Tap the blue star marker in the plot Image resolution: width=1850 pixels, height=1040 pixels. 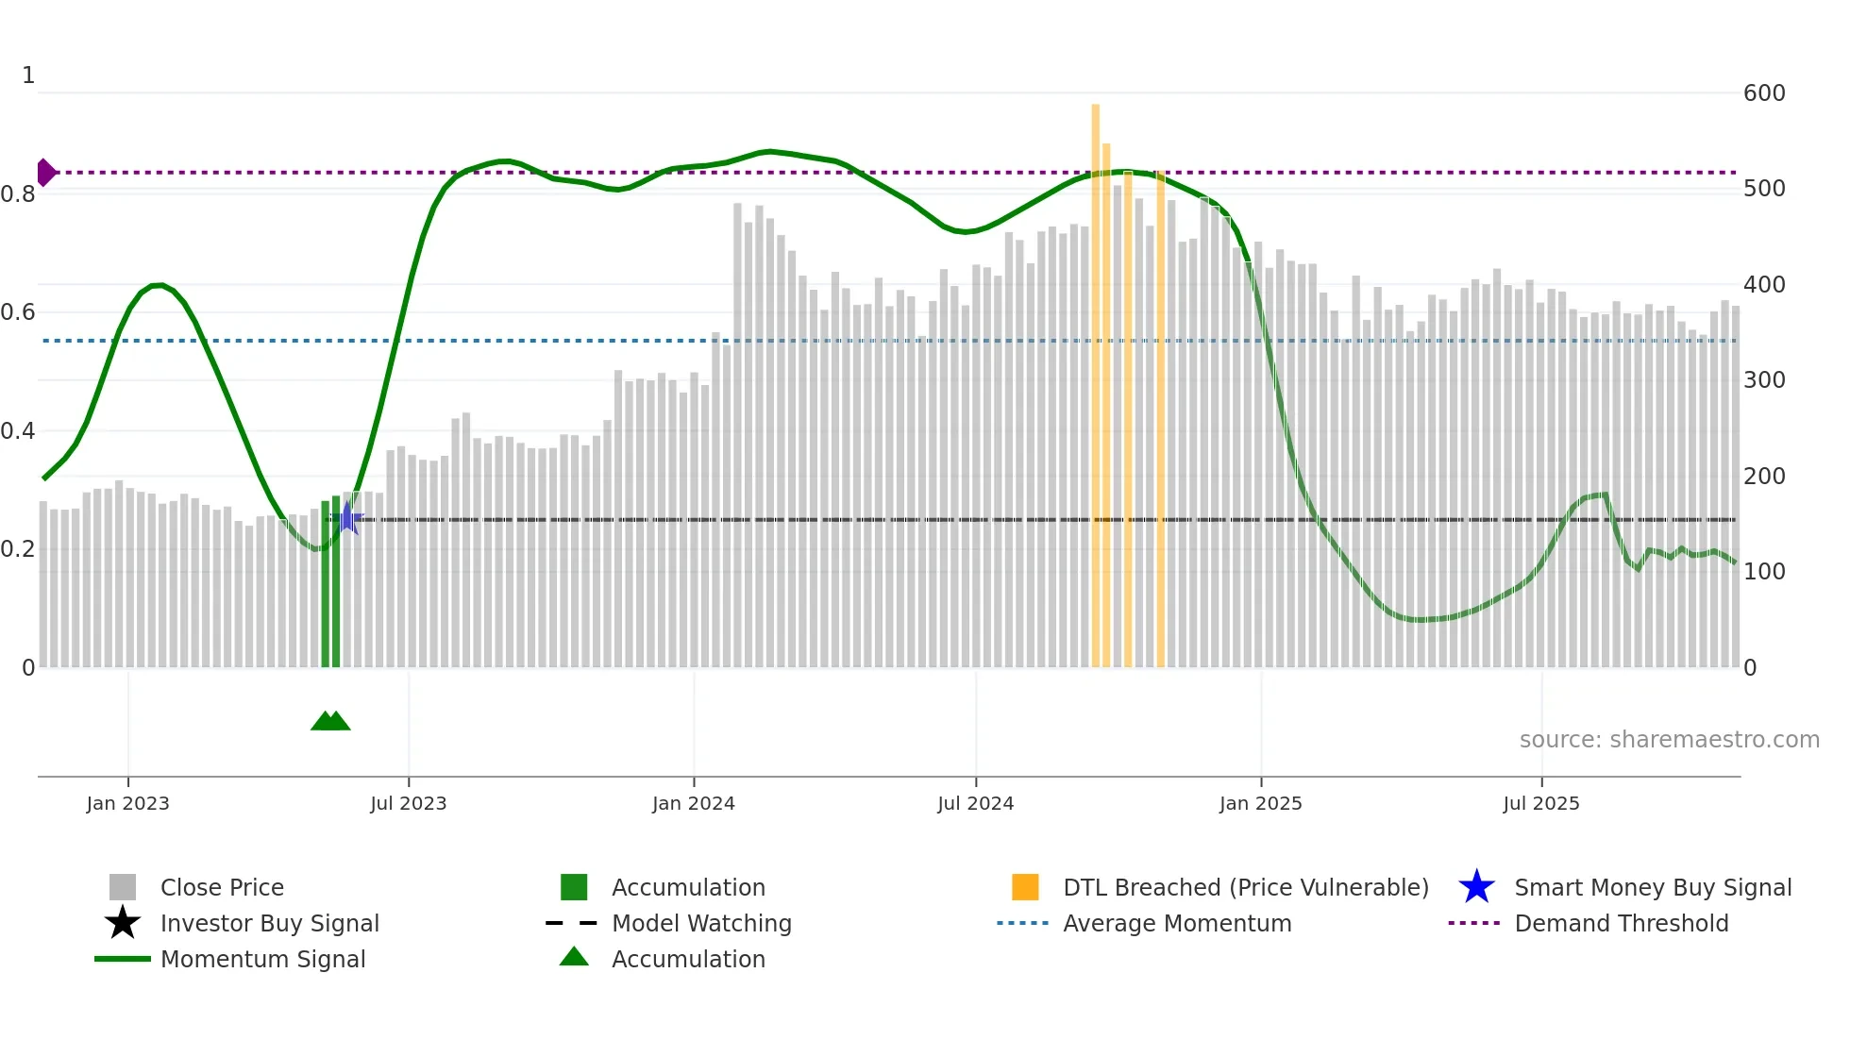347,518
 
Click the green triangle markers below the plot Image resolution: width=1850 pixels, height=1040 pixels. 330,721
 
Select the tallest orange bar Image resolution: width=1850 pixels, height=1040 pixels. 1095,377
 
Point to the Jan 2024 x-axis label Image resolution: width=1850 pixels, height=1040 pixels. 693,803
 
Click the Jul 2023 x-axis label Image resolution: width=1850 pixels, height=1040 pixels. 408,803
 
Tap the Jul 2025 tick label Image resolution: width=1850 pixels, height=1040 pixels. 1540,803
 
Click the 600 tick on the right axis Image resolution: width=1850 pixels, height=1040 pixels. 1763,93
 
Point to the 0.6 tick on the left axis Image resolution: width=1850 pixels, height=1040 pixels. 18,312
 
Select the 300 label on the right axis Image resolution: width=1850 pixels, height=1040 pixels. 1763,380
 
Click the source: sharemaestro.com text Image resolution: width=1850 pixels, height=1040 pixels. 1669,740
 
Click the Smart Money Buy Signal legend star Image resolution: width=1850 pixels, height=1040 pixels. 1476,887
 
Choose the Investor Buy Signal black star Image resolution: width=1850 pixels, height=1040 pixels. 123,923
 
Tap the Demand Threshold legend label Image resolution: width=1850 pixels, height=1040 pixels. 1621,923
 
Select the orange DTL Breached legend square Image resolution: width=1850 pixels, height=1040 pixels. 1025,887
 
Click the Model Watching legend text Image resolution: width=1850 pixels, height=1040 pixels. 701,923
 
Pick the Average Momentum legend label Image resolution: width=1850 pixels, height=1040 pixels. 1176,923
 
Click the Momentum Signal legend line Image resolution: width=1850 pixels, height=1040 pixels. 123,959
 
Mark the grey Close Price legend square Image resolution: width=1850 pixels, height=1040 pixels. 123,887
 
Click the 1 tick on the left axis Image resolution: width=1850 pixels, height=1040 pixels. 28,75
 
